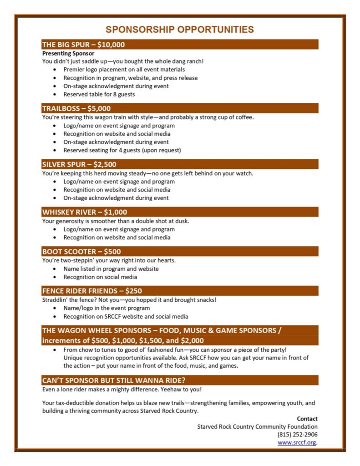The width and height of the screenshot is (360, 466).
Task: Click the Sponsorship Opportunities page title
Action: pyautogui.click(x=180, y=30)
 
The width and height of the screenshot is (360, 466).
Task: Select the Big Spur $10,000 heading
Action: pyautogui.click(x=83, y=45)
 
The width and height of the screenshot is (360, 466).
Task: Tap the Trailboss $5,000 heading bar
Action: pyautogui.click(x=76, y=108)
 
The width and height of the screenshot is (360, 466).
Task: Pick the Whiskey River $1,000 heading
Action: pyautogui.click(x=85, y=212)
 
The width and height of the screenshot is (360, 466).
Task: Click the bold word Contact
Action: pyautogui.click(x=307, y=419)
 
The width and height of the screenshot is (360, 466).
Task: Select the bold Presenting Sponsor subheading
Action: pyautogui.click(x=68, y=53)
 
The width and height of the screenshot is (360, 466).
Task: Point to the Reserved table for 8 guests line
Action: pyautogui.click(x=99, y=95)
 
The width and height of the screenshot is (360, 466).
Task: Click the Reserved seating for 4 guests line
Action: pyautogui.click(x=122, y=150)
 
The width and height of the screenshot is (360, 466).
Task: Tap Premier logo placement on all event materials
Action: pyautogui.click(x=124, y=70)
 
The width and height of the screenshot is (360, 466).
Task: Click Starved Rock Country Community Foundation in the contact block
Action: pyautogui.click(x=257, y=426)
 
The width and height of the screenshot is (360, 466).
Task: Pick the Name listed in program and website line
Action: pyautogui.click(x=111, y=269)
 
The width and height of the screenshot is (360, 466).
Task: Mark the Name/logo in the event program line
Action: pyautogui.click(x=106, y=308)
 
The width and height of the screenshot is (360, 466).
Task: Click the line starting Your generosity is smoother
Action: pyautogui.click(x=115, y=221)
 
